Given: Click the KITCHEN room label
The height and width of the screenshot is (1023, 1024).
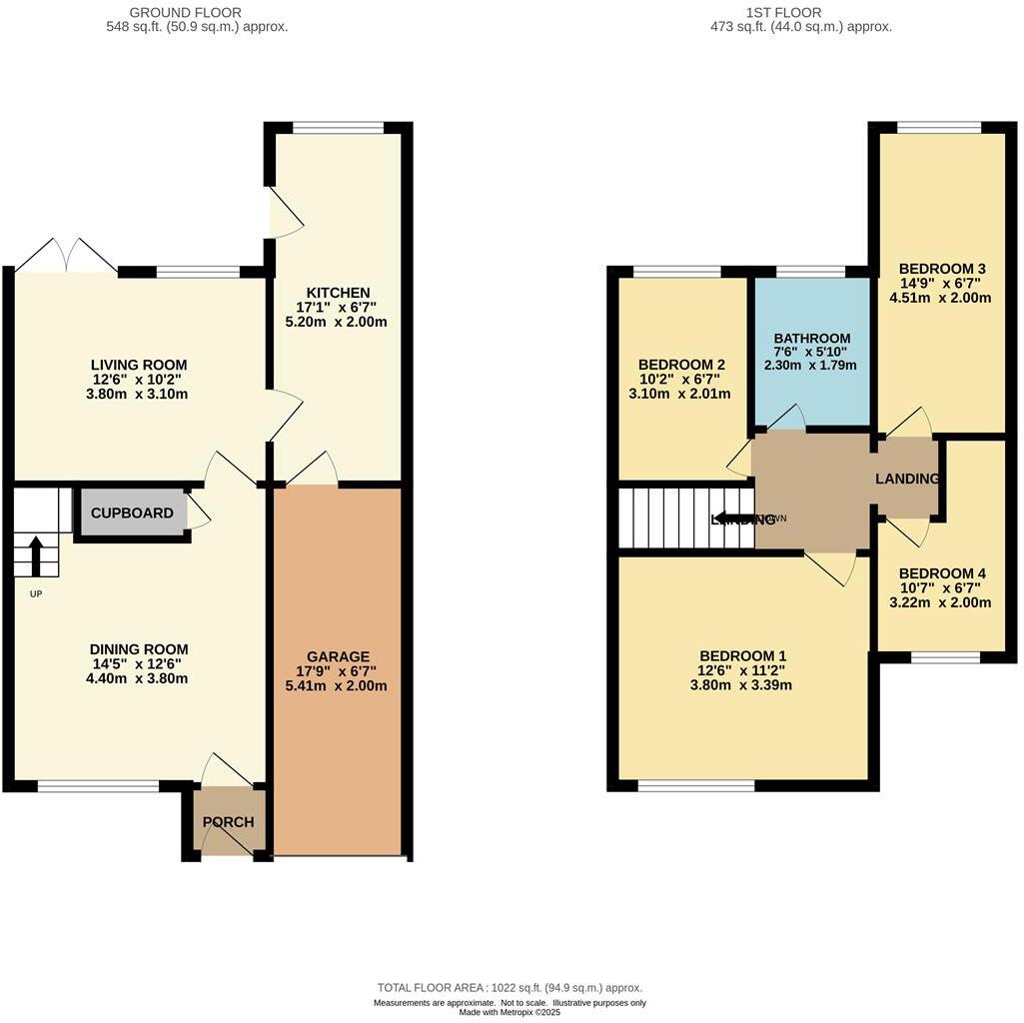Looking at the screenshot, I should [x=338, y=292].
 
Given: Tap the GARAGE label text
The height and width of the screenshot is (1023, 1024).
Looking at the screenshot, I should [x=338, y=656].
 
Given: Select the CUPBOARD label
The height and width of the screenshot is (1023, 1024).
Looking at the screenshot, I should [x=132, y=513].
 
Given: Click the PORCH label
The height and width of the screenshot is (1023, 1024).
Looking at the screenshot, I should [x=228, y=822].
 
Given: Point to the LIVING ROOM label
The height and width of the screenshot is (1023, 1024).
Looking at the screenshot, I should [x=139, y=365].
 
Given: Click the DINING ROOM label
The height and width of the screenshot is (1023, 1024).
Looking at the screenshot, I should [x=139, y=649].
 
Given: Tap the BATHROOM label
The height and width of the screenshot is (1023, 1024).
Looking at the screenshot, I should [x=812, y=338].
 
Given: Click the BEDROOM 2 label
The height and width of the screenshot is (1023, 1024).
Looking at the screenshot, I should [x=680, y=365].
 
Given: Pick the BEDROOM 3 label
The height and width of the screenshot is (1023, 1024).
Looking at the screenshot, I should [x=942, y=269].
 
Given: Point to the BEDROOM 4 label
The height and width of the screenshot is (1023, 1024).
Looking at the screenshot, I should [x=942, y=573].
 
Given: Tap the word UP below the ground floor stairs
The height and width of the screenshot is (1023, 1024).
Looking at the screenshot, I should [x=35, y=593].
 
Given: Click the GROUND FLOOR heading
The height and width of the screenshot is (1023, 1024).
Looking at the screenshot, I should [x=186, y=12].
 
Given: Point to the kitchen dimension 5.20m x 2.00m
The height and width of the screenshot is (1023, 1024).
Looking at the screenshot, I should [x=338, y=322].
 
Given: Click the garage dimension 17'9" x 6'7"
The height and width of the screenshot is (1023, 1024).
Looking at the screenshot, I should [x=338, y=671].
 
